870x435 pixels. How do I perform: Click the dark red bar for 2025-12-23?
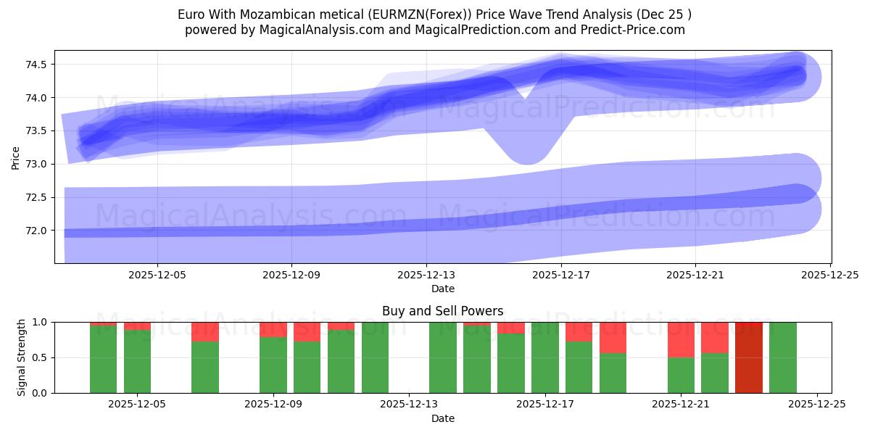point(748,357)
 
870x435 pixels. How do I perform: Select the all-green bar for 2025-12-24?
point(782,357)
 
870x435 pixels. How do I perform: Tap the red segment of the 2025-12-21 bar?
point(681,339)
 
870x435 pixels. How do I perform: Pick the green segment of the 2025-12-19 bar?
point(613,373)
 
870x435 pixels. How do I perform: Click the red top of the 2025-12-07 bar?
point(205,331)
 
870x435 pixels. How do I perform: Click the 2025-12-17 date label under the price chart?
point(560,275)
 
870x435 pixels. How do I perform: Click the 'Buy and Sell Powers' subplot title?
point(443,311)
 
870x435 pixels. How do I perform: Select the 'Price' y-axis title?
point(16,157)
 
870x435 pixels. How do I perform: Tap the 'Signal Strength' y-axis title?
point(22,357)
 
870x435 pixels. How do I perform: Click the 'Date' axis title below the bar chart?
point(443,418)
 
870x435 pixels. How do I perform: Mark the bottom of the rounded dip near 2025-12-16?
point(527,161)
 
